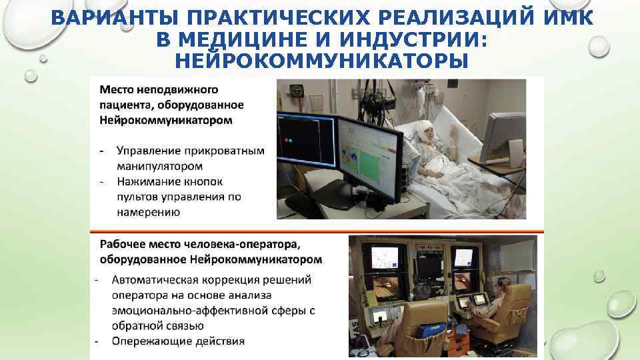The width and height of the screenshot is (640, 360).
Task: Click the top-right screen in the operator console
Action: tap(463, 257)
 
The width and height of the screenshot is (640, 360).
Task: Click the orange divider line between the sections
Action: tap(317, 231)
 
